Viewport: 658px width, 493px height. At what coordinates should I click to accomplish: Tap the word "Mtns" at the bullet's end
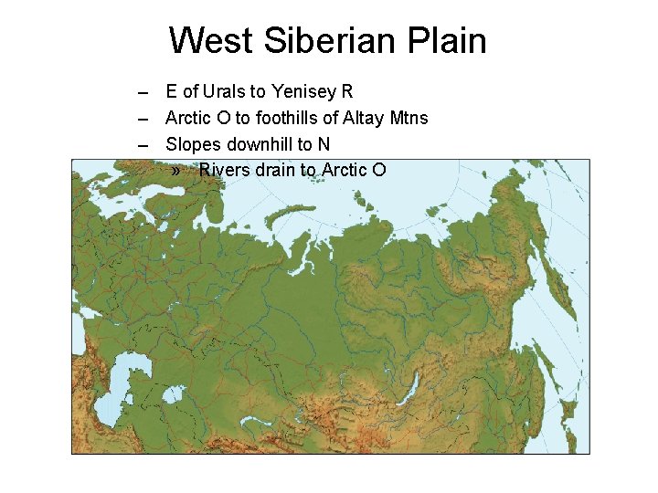pyautogui.click(x=408, y=118)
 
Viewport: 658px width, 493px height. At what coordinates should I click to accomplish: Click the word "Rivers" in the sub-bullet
pyautogui.click(x=224, y=170)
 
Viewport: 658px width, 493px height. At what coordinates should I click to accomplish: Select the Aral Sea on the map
pyautogui.click(x=173, y=394)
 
